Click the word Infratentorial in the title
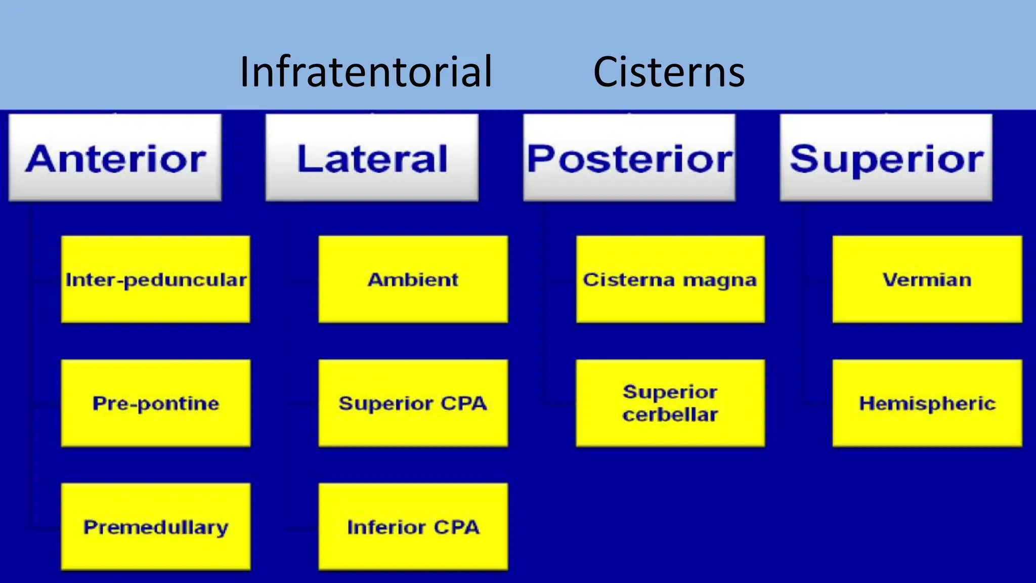[x=366, y=72]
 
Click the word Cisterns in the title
[x=668, y=72]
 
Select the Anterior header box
[x=115, y=158]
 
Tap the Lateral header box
[x=372, y=158]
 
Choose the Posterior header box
[x=629, y=158]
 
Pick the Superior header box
[x=886, y=158]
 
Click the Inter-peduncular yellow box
[x=156, y=279]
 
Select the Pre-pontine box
[x=156, y=403]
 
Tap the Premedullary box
[x=156, y=527]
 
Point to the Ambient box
[x=413, y=279]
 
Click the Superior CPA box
[x=413, y=403]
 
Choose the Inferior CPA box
[x=413, y=527]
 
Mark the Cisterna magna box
[x=670, y=279]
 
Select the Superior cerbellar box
[x=670, y=403]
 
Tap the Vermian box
[x=927, y=279]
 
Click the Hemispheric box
[x=927, y=403]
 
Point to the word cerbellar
[x=670, y=415]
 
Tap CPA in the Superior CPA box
[x=463, y=403]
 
